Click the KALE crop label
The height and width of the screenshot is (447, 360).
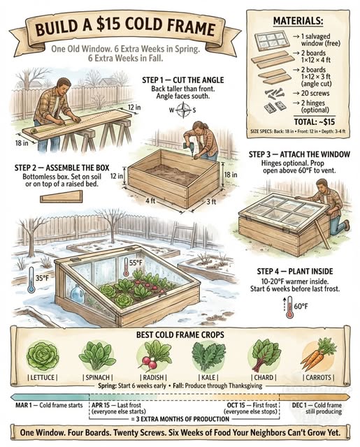pyautogui.click(x=208, y=378)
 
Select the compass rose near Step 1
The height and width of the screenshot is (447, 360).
pyautogui.click(x=184, y=109)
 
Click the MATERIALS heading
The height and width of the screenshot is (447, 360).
pyautogui.click(x=299, y=22)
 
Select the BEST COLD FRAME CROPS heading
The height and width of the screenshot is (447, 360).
pyautogui.click(x=180, y=334)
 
